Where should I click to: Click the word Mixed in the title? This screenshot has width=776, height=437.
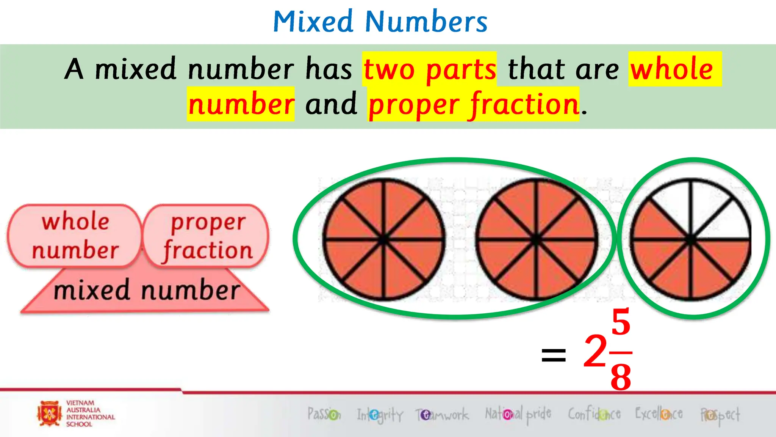coord(313,22)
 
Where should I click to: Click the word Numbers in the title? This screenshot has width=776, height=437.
coord(426,22)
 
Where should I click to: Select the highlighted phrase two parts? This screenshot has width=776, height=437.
coord(429,69)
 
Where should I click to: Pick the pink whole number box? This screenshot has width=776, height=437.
coord(75,236)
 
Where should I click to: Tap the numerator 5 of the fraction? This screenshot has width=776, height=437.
coord(621,322)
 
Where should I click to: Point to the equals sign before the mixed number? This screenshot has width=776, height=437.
coord(554,355)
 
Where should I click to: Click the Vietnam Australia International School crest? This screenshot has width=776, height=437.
coord(49,413)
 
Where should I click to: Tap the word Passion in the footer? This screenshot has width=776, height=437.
coord(324,414)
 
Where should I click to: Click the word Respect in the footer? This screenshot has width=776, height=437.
coord(720,415)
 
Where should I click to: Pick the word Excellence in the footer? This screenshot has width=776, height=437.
coord(659,413)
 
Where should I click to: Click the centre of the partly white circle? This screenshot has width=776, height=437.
coord(690,240)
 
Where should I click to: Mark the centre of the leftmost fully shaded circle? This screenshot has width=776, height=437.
coord(383,240)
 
